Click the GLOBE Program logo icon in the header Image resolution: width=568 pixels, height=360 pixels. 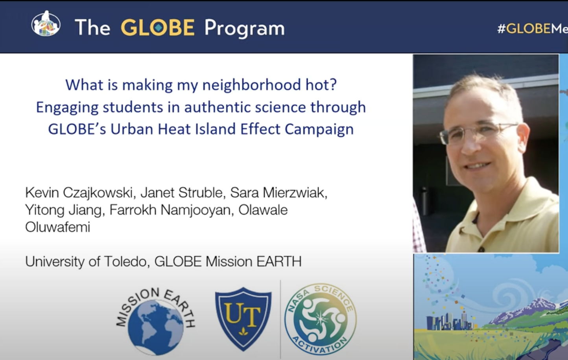(x=46, y=24)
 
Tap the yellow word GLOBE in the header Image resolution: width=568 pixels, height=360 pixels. (x=157, y=28)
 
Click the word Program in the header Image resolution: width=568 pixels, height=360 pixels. (x=244, y=28)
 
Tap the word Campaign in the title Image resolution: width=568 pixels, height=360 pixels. (x=319, y=130)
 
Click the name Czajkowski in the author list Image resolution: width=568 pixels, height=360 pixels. (x=98, y=193)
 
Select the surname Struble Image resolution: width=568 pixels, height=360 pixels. (x=201, y=193)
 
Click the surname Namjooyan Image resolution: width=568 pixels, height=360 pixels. (x=195, y=210)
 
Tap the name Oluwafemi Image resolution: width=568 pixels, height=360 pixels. (x=57, y=227)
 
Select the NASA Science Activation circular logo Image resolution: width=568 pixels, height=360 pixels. (x=321, y=319)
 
